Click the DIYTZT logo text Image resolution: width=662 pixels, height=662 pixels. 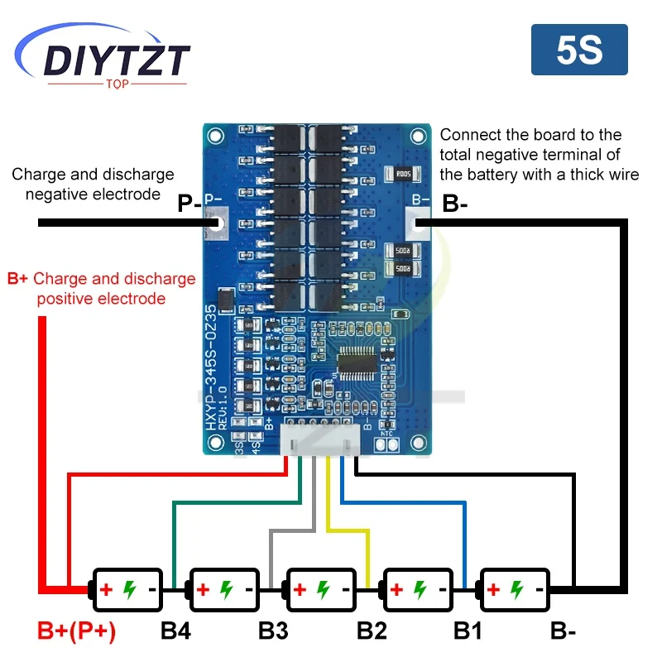117,60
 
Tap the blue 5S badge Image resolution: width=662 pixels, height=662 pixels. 578,50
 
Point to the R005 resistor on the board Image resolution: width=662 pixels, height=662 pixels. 402,174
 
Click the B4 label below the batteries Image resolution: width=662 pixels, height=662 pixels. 176,631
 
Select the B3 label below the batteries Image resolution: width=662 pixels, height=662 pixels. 273,631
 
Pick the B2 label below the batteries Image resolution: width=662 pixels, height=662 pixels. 372,631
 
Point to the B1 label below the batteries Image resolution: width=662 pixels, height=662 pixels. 468,631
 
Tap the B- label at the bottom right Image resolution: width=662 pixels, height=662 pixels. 564,631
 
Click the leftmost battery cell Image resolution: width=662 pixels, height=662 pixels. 127,590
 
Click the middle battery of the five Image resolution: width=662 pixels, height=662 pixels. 321,590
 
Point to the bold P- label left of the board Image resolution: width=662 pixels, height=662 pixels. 189,204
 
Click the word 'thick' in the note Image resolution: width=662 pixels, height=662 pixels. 587,174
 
